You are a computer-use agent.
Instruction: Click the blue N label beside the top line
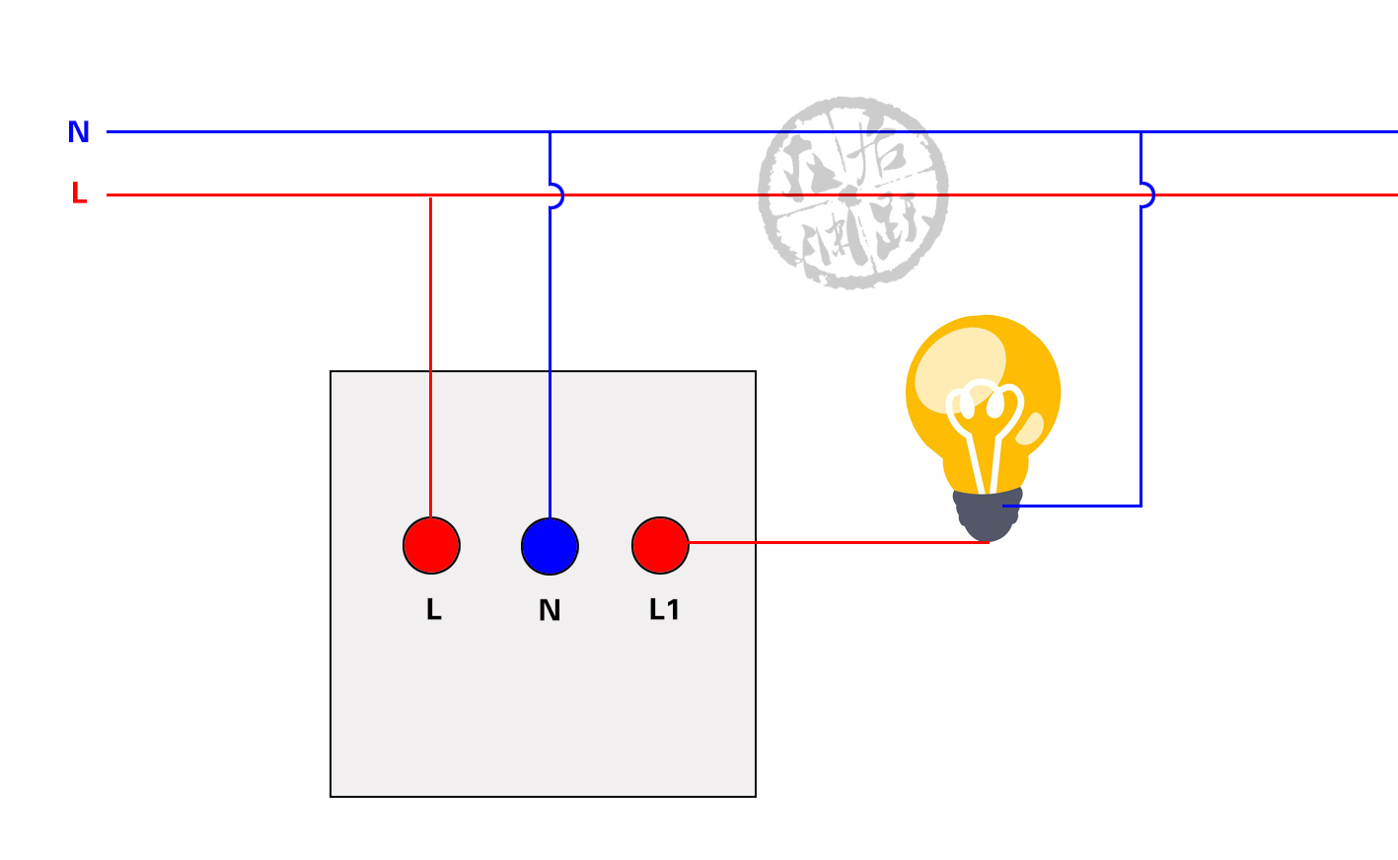pos(79,131)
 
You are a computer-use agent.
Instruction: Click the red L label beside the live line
pos(79,194)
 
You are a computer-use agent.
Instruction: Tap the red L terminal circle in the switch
pos(431,545)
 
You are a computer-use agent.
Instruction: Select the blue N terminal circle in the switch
pos(550,546)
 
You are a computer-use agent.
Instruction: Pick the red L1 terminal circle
pos(660,545)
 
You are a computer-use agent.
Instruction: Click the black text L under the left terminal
pos(433,610)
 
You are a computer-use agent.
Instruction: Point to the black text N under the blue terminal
pos(550,611)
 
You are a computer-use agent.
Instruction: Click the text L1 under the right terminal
pos(664,610)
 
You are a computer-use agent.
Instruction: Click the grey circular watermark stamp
pos(853,193)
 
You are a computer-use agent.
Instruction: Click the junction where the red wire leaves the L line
pos(431,195)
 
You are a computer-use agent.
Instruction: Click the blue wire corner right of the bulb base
pos(1140,506)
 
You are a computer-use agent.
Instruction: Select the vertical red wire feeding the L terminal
pos(431,355)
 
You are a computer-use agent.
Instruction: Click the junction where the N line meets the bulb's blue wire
pos(1140,131)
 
